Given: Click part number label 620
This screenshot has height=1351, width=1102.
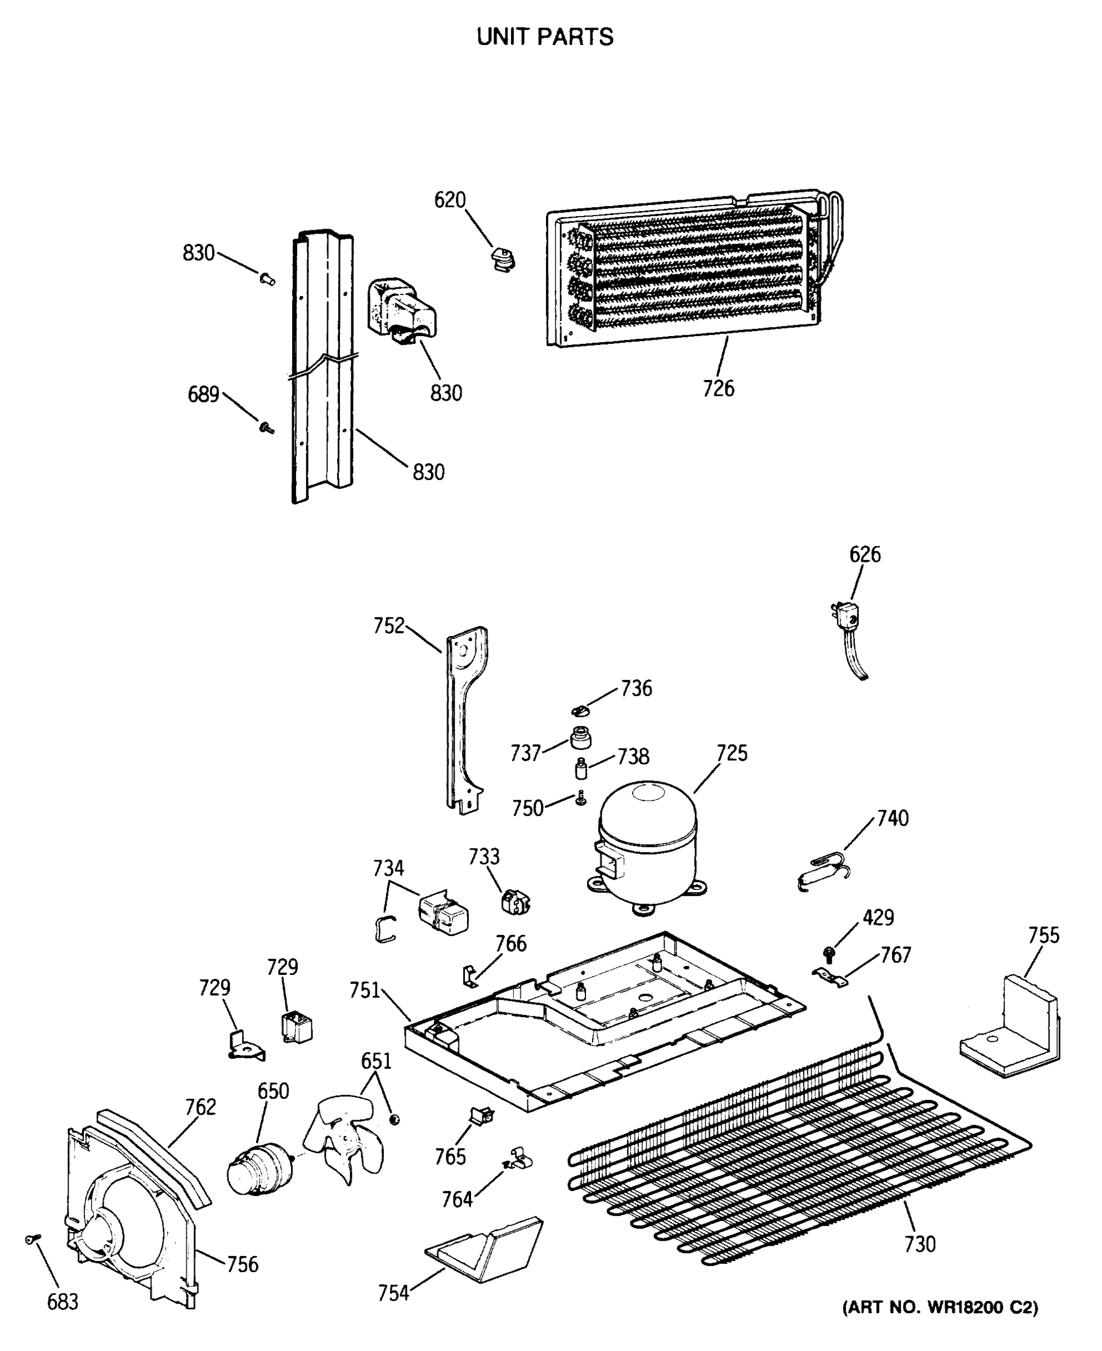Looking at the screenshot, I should pyautogui.click(x=450, y=200).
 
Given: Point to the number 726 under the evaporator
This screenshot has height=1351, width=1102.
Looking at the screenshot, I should pyautogui.click(x=718, y=388).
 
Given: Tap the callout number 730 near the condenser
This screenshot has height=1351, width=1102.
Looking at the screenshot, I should pyautogui.click(x=919, y=1243).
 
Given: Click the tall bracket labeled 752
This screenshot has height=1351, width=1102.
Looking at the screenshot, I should pyautogui.click(x=467, y=717).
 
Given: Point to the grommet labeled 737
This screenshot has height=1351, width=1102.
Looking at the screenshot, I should pyautogui.click(x=580, y=739).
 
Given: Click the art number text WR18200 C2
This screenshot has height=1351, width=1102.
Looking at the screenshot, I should pyautogui.click(x=940, y=1307).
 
